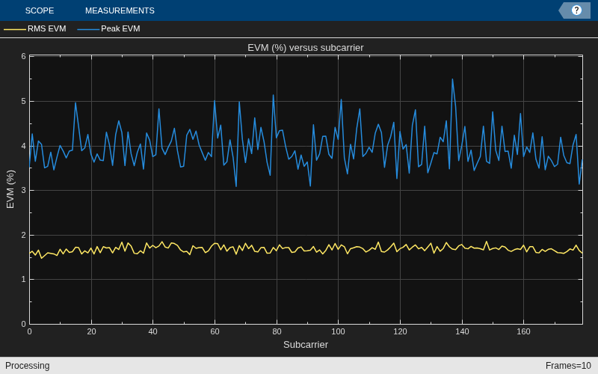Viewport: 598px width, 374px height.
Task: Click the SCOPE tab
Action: click(40, 10)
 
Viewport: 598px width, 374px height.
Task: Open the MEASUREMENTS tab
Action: click(120, 10)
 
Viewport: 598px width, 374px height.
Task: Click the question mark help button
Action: click(576, 10)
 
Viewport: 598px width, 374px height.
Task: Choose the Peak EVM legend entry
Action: click(108, 28)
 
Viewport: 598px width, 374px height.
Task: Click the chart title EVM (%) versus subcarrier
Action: click(306, 48)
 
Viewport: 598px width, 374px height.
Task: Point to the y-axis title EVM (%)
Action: click(10, 189)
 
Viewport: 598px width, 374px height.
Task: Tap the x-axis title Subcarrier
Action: click(306, 345)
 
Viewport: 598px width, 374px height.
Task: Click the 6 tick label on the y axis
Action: click(24, 57)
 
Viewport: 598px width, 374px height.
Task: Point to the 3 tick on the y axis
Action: click(24, 191)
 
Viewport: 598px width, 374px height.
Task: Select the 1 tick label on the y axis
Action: click(24, 279)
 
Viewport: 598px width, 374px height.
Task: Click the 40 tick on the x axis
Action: click(152, 331)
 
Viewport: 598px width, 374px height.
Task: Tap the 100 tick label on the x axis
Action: click(338, 331)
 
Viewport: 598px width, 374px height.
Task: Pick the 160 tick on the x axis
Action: click(523, 331)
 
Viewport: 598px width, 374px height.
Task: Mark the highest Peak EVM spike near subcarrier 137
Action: click(452, 79)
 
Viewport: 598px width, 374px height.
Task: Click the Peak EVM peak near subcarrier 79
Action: click(273, 95)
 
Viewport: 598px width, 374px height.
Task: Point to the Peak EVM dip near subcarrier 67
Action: click(236, 186)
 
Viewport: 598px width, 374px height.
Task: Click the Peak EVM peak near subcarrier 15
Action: click(75, 102)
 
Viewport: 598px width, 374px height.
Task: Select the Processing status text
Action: click(28, 366)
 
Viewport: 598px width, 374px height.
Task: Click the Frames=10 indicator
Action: click(568, 366)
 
